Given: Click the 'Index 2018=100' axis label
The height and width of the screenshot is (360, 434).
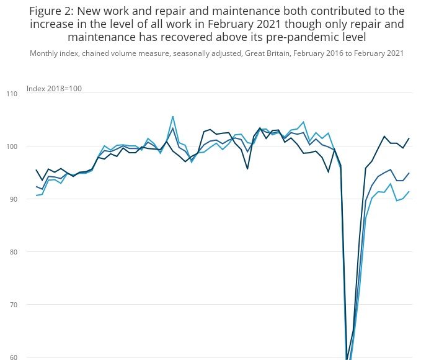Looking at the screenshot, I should click(55, 89).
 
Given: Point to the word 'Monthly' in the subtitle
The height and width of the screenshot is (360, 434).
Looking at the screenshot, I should click(43, 53).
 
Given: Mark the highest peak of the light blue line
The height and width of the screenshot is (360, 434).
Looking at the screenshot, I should click(172, 117).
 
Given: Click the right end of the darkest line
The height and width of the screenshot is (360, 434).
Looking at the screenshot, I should click(409, 138).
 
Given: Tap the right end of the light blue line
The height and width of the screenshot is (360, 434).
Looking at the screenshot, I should click(409, 192).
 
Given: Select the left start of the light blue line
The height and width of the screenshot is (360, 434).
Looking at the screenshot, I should click(37, 196).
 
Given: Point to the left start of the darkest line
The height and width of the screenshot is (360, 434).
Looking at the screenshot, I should click(37, 169).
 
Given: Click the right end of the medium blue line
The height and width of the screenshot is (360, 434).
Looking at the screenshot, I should click(409, 173).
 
